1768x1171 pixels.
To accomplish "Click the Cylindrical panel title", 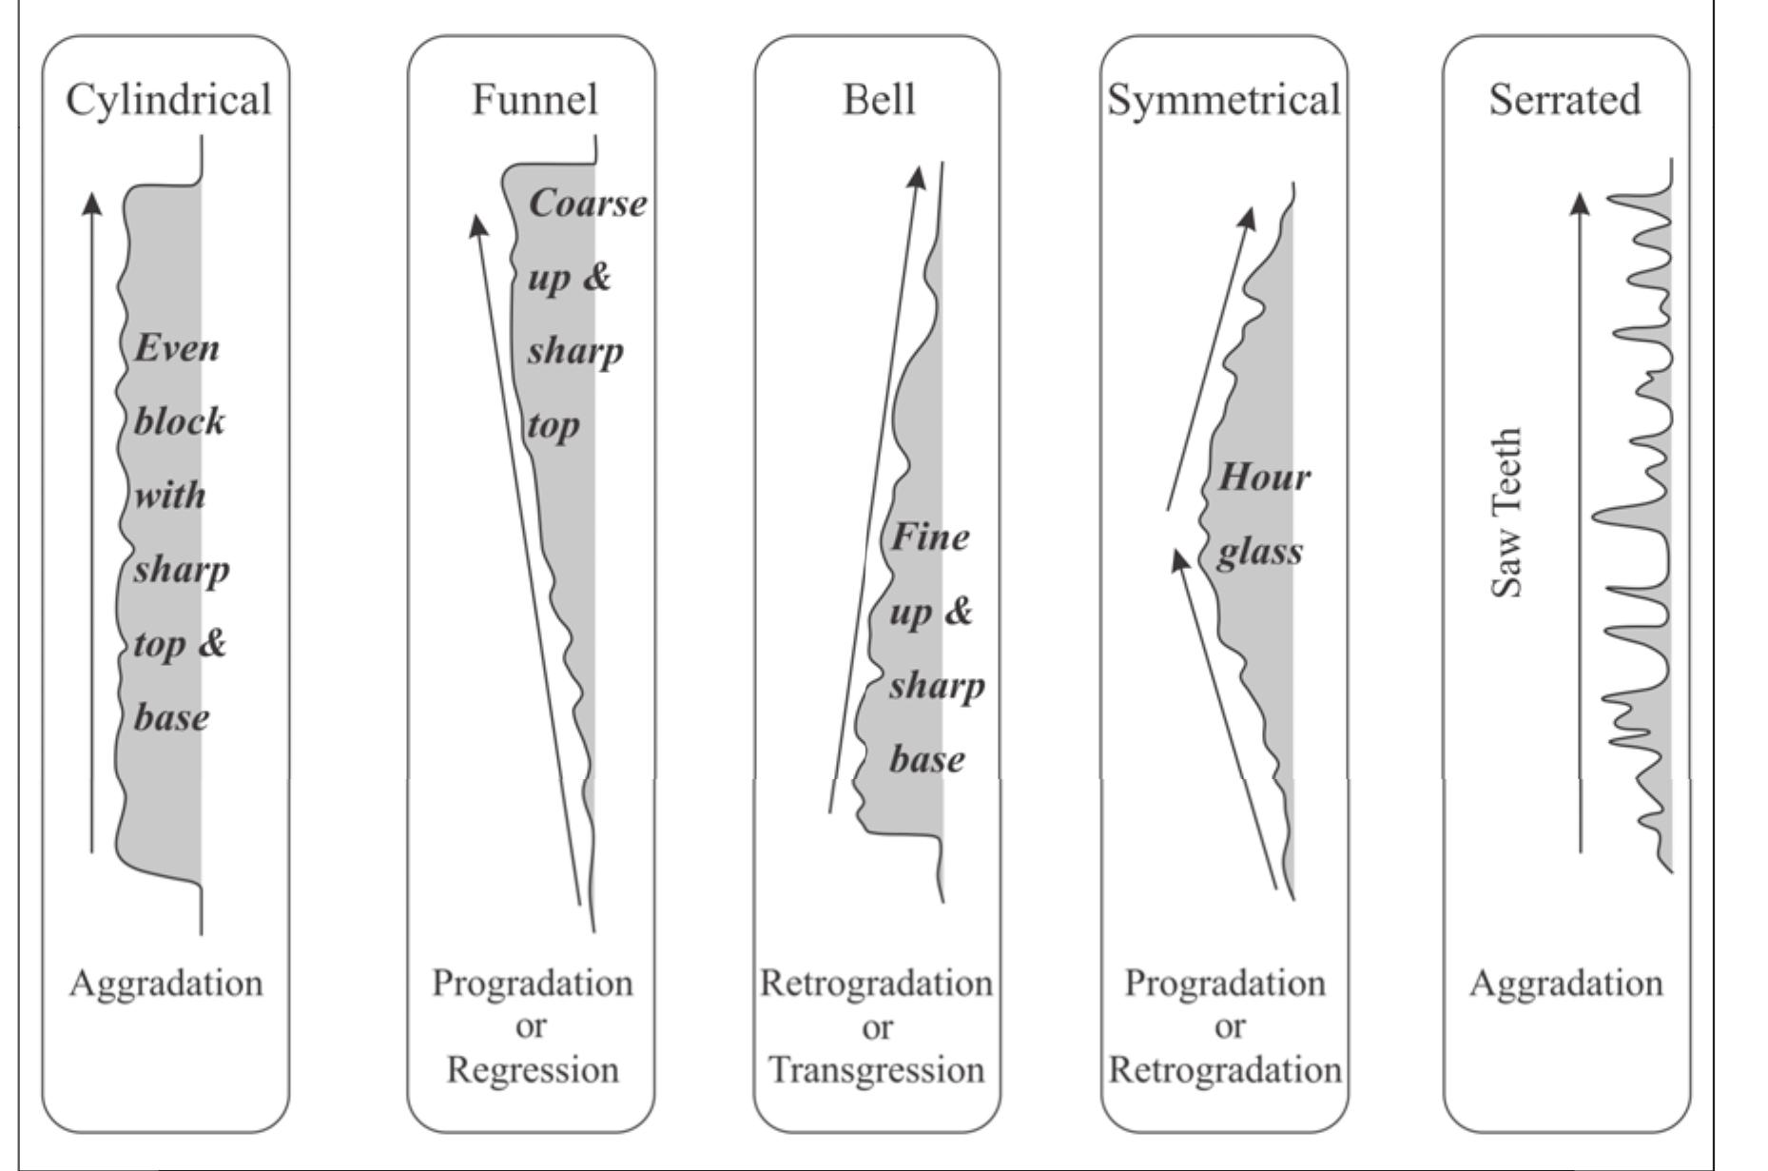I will (x=168, y=100).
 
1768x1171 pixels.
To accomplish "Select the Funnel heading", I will (x=534, y=100).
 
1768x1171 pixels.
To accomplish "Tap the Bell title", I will (x=879, y=100).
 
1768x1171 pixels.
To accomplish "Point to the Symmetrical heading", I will (x=1224, y=100).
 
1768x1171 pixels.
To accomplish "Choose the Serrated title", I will (x=1564, y=100).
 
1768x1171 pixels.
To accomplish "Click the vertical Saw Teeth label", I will (x=1507, y=513).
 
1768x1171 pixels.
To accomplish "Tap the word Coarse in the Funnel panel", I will (x=587, y=204).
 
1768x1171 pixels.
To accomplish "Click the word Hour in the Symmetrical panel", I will (x=1264, y=477).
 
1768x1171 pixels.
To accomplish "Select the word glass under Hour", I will (x=1259, y=552).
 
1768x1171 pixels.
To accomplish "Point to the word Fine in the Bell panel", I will (x=930, y=537).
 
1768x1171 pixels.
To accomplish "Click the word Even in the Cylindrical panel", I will (x=176, y=348).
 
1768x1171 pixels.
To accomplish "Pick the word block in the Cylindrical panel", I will (x=179, y=421).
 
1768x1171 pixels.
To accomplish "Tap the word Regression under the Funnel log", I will (x=533, y=1070).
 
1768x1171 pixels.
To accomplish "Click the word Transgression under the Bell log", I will (x=876, y=1070).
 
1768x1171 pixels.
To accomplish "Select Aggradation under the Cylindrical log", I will (x=166, y=983).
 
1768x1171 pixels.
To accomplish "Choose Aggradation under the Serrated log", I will (x=1565, y=983).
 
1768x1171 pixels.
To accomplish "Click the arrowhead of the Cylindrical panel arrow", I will (x=91, y=202).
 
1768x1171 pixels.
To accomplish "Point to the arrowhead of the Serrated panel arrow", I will (x=1580, y=203).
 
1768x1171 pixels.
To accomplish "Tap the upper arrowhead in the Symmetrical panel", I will (x=1248, y=218).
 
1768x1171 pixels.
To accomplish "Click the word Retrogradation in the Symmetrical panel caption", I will (x=1225, y=1070).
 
